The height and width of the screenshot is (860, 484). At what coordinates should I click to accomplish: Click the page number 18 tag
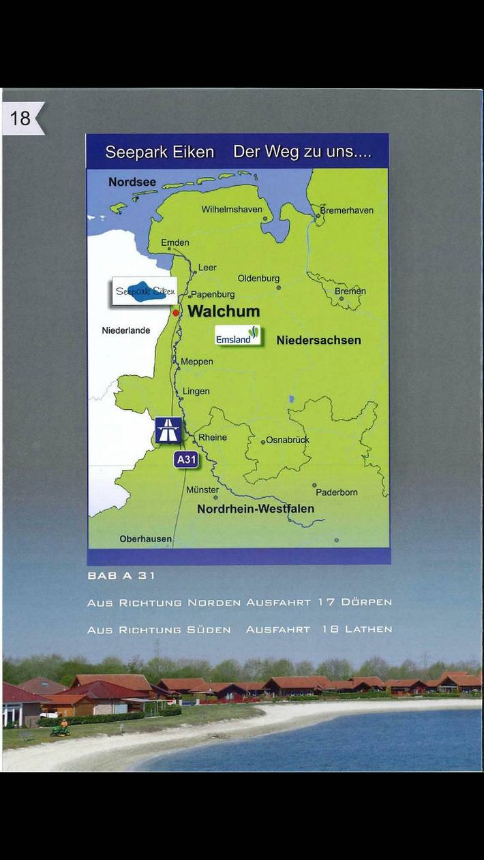tap(21, 118)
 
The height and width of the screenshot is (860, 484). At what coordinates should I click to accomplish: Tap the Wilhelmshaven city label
tap(231, 210)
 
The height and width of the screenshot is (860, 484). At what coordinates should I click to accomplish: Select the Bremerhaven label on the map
tap(347, 210)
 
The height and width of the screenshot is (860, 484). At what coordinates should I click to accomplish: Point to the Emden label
tap(175, 242)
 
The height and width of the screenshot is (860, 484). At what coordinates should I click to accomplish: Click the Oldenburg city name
tap(258, 278)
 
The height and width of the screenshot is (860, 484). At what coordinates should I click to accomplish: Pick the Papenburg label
tap(213, 295)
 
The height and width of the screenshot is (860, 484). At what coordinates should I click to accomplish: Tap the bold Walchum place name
tap(224, 312)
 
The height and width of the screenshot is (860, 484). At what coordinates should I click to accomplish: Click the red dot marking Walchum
tap(176, 313)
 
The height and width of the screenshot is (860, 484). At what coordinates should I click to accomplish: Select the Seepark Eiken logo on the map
tap(145, 291)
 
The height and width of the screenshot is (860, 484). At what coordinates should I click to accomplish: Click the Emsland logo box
tap(238, 336)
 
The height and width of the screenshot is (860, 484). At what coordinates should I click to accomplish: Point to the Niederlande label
tap(126, 331)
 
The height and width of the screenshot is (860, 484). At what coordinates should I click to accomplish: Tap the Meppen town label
tap(196, 362)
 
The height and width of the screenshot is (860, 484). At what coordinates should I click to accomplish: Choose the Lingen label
tap(196, 392)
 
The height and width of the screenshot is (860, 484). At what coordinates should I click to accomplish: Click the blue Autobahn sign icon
tap(168, 430)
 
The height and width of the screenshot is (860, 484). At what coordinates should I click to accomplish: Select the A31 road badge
tap(186, 460)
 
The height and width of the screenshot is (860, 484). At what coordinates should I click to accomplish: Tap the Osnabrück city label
tap(287, 440)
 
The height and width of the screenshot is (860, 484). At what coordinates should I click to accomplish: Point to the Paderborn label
tap(336, 492)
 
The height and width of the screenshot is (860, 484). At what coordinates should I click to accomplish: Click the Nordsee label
tap(132, 182)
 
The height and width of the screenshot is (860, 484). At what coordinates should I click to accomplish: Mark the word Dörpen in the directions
tap(366, 603)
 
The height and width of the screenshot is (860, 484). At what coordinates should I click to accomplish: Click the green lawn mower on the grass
tap(61, 730)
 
